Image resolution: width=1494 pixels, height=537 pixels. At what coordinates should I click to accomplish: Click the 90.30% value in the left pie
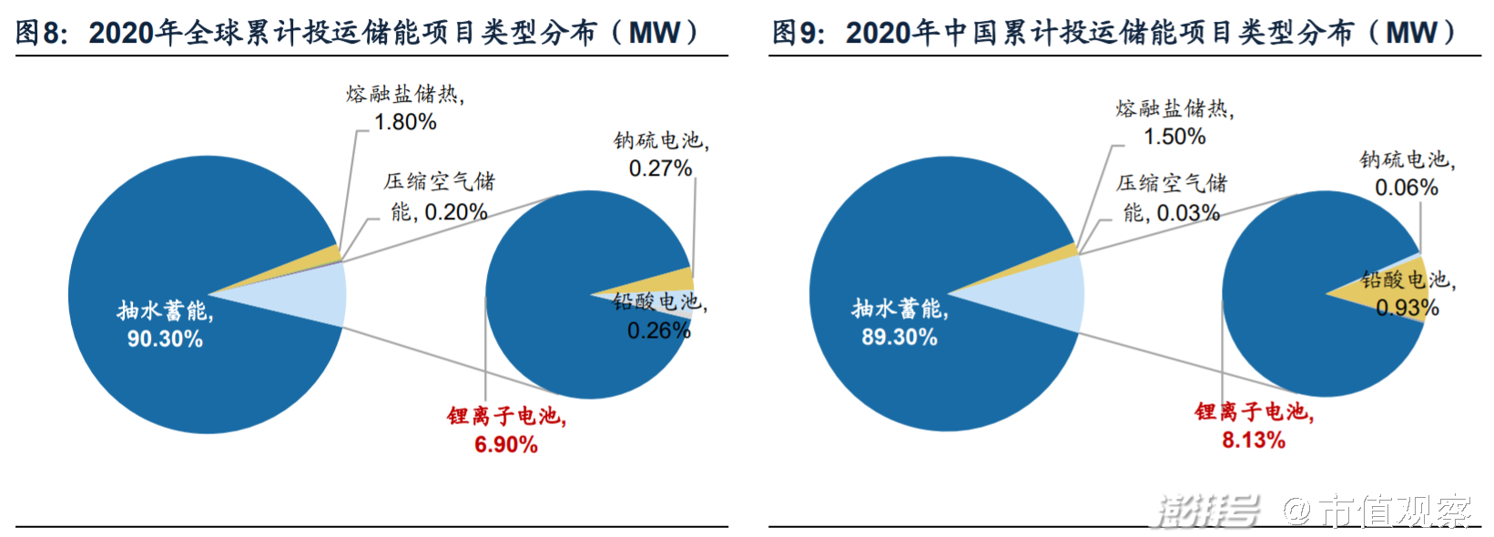165,339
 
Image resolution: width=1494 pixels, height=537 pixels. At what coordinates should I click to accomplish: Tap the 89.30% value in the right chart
899,338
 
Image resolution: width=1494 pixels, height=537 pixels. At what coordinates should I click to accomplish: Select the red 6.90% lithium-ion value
506,445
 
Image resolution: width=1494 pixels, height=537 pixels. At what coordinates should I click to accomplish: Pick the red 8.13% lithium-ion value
1254,441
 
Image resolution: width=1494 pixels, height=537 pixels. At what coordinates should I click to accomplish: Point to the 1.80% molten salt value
406,122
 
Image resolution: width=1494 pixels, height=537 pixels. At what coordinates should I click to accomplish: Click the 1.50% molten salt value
1175,137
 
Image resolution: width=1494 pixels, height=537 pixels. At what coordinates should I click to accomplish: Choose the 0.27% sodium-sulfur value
661,168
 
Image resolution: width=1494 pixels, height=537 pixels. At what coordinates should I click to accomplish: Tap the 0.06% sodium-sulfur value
1407,187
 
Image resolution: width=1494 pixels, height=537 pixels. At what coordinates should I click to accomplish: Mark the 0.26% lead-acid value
659,330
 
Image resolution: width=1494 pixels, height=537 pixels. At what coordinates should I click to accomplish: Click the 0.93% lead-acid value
1408,309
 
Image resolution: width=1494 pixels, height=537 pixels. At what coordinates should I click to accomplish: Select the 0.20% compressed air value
456,212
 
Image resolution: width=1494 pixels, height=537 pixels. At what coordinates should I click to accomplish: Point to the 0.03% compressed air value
1188,213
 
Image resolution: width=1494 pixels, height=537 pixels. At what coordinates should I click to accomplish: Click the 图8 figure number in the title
41,34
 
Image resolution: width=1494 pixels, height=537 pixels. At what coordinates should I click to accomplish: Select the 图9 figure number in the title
798,34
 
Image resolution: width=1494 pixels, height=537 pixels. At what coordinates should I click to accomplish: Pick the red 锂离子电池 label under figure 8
506,417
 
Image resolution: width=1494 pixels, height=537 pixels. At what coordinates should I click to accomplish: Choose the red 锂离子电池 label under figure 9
1254,412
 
